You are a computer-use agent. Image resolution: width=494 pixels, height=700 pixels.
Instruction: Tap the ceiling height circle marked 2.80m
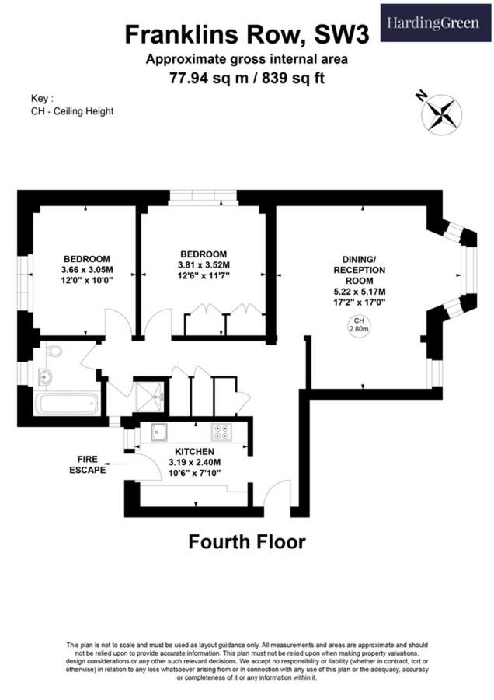pyautogui.click(x=360, y=324)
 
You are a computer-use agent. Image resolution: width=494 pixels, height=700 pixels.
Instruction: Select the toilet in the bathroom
pyautogui.click(x=53, y=352)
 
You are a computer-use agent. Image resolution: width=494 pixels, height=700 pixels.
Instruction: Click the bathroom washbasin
pyautogui.click(x=45, y=378)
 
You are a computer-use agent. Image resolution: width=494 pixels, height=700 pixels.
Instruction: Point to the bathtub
pyautogui.click(x=66, y=404)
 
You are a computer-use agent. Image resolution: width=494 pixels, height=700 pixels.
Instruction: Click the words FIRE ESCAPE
pyautogui.click(x=87, y=464)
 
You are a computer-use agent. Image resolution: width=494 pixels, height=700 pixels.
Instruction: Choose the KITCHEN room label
pyautogui.click(x=194, y=451)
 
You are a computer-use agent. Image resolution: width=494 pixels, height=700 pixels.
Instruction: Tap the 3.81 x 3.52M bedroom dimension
pyautogui.click(x=204, y=264)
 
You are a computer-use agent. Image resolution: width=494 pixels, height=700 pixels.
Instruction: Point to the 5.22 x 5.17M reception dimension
pyautogui.click(x=360, y=291)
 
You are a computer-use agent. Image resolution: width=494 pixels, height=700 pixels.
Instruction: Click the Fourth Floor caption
pyautogui.click(x=246, y=542)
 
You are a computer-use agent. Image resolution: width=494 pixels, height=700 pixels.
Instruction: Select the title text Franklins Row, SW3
pyautogui.click(x=246, y=34)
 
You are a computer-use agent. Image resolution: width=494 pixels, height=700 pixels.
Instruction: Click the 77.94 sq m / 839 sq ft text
pyautogui.click(x=246, y=78)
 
